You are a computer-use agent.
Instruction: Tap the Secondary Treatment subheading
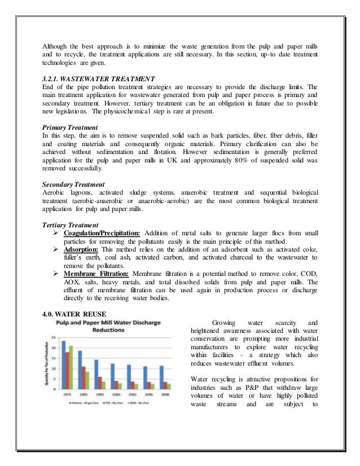point(74,184)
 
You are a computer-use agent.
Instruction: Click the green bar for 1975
point(71,367)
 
